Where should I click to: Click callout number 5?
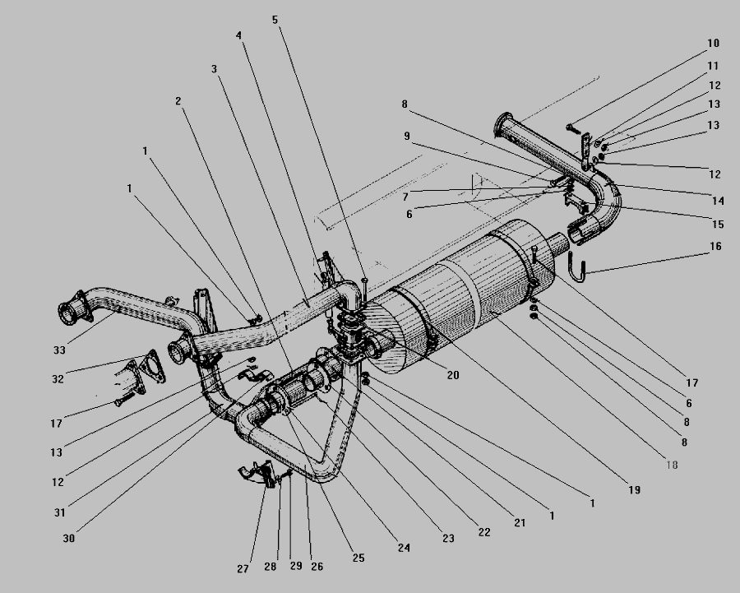[x=275, y=20]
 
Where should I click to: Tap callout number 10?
[x=713, y=44]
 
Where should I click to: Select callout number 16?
[x=715, y=247]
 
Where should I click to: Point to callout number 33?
[x=59, y=350]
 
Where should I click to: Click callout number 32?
[x=58, y=379]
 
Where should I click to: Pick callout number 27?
[x=243, y=569]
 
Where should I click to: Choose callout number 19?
[x=634, y=490]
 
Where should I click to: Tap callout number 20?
[x=452, y=375]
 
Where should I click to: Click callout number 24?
[x=404, y=548]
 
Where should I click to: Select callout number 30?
[x=68, y=538]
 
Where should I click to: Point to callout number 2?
[x=178, y=101]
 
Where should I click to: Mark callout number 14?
[x=718, y=202]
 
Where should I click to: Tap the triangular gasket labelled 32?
[x=152, y=366]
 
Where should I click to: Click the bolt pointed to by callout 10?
[x=573, y=127]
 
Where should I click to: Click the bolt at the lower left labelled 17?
[x=124, y=400]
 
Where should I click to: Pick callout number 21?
[x=519, y=523]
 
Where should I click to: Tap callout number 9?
[x=407, y=137]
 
